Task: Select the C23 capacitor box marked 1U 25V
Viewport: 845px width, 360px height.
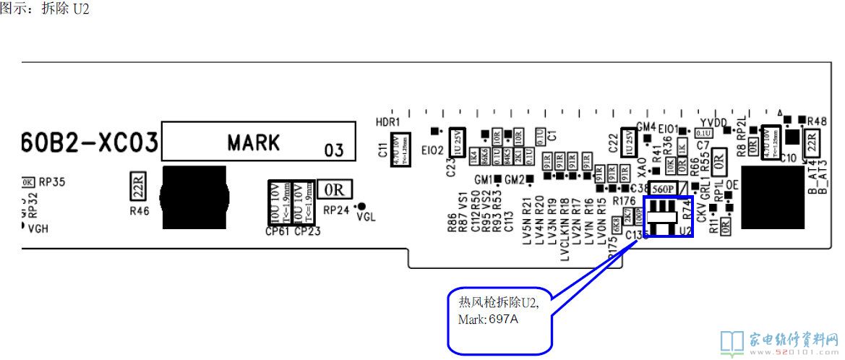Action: tap(457, 141)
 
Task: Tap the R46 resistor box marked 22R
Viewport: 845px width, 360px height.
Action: tap(137, 186)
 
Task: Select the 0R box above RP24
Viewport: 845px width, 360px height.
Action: tap(334, 189)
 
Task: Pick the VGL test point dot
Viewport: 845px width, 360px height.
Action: tap(361, 206)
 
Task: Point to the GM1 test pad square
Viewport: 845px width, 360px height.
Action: tap(498, 179)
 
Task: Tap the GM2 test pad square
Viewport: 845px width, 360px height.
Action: tap(530, 179)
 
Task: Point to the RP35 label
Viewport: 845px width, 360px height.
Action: tap(51, 182)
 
